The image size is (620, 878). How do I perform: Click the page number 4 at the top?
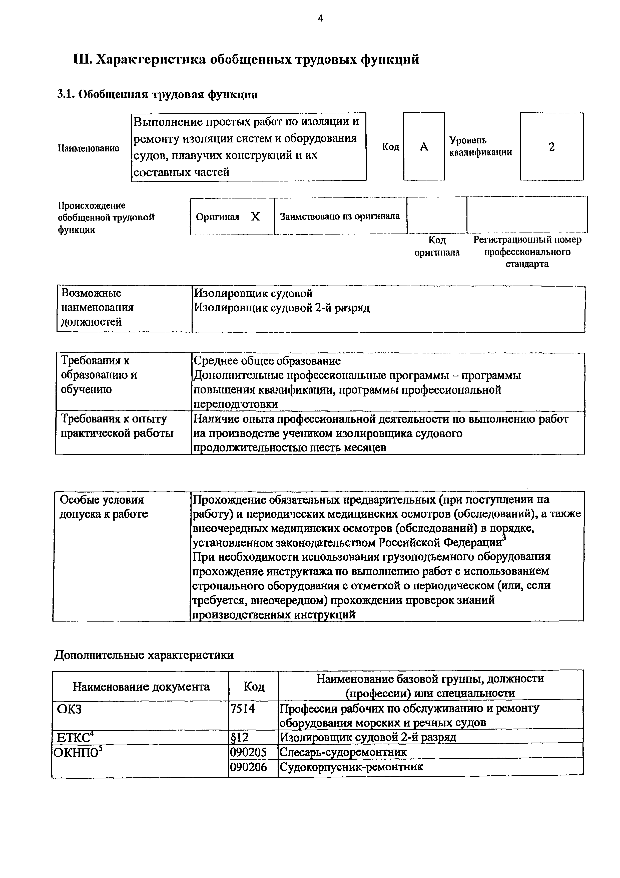tap(320, 18)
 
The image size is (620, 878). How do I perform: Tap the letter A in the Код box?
tap(424, 147)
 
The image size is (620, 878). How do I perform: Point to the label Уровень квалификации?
tap(480, 146)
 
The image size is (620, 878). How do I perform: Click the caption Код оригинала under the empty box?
tap(437, 246)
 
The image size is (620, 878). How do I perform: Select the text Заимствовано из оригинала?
tap(340, 216)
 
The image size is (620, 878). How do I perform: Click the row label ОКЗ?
tap(69, 709)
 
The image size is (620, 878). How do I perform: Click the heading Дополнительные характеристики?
tap(144, 655)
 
